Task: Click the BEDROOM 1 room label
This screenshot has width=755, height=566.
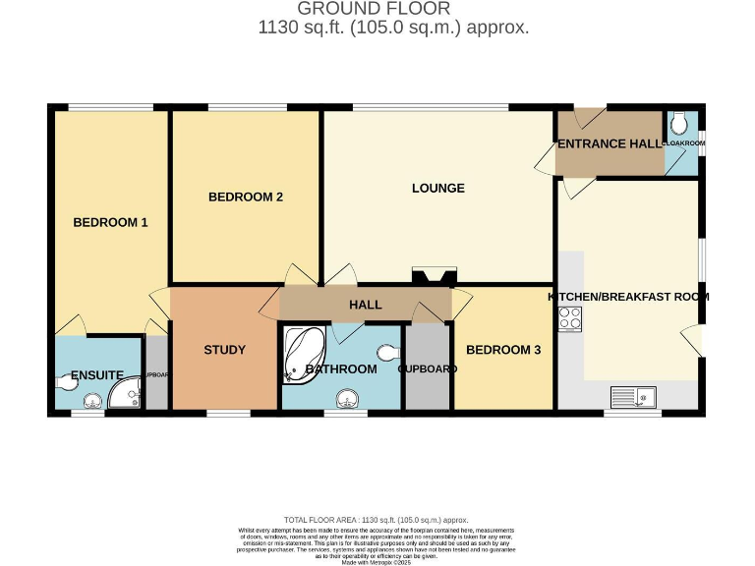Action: click(x=110, y=222)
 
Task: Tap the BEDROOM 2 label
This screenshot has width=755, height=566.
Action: click(x=246, y=197)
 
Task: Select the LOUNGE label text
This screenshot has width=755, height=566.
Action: click(x=437, y=188)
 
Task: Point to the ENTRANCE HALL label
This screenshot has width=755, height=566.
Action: click(x=610, y=143)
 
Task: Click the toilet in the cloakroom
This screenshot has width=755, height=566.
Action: click(x=681, y=125)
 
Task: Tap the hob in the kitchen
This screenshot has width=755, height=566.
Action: click(x=570, y=318)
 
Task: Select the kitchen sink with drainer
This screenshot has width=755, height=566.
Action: click(x=634, y=397)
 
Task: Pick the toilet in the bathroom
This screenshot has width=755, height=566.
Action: click(x=389, y=352)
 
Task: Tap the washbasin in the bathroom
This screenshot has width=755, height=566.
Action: click(x=346, y=398)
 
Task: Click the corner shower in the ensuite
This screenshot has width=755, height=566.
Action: click(x=126, y=395)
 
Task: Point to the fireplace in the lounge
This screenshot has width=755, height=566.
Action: click(x=434, y=277)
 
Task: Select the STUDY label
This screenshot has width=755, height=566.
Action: click(x=224, y=350)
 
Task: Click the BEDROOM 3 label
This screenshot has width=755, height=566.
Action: click(x=502, y=350)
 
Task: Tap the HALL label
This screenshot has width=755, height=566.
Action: click(x=365, y=305)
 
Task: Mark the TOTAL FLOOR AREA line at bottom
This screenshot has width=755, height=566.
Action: click(x=376, y=520)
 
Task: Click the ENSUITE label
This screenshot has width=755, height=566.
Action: click(x=96, y=375)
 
